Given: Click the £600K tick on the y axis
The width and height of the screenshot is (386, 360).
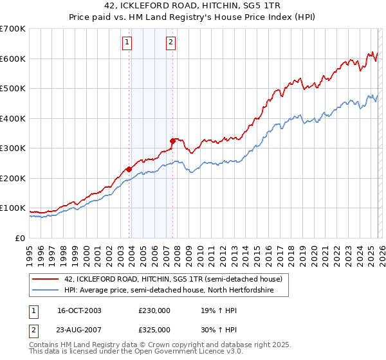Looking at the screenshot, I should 13,59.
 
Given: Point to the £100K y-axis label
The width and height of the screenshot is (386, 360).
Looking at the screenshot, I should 13,208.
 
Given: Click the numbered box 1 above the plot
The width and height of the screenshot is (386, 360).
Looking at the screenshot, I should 127,43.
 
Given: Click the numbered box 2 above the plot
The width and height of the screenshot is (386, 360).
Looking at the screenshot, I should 170,43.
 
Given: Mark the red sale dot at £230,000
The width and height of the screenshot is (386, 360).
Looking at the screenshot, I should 129,169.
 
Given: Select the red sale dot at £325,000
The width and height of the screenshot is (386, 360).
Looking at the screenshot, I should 172,141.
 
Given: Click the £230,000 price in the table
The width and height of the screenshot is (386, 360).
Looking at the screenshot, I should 154,310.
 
